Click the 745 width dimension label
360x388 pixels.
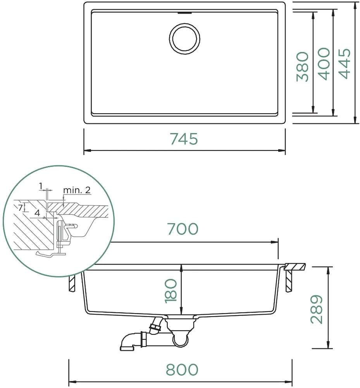[x=184, y=139]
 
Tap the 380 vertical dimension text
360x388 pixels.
[x=302, y=67]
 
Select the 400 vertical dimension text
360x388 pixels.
[x=324, y=64]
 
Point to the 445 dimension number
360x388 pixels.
[x=344, y=64]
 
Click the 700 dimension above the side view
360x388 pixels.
[x=183, y=229]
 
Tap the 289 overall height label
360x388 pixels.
[x=317, y=309]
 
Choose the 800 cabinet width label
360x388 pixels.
[x=182, y=370]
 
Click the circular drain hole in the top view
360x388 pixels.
[x=184, y=39]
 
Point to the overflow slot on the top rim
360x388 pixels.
[x=184, y=12]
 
